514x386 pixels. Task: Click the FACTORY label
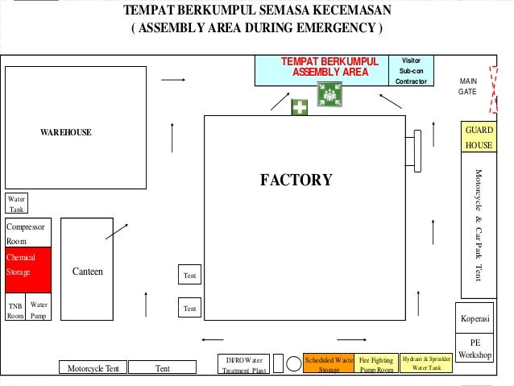click(x=296, y=180)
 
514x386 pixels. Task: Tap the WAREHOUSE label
click(x=66, y=132)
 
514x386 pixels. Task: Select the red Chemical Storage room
click(x=28, y=264)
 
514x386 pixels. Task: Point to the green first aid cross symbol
click(x=299, y=107)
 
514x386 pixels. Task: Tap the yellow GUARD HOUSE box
click(x=479, y=138)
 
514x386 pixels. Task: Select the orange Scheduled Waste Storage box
click(x=329, y=365)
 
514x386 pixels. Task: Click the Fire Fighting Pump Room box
click(x=376, y=365)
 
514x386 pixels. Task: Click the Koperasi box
click(x=475, y=319)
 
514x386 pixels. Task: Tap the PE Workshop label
click(x=475, y=349)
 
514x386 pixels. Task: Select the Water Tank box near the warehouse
click(x=16, y=203)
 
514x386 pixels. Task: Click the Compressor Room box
click(x=28, y=232)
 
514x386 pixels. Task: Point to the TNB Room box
click(x=15, y=310)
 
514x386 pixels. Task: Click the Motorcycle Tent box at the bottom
click(x=93, y=368)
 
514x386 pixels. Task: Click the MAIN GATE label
click(x=468, y=86)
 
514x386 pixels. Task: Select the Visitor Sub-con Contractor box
click(x=411, y=71)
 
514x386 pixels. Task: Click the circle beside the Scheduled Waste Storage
click(x=294, y=363)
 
